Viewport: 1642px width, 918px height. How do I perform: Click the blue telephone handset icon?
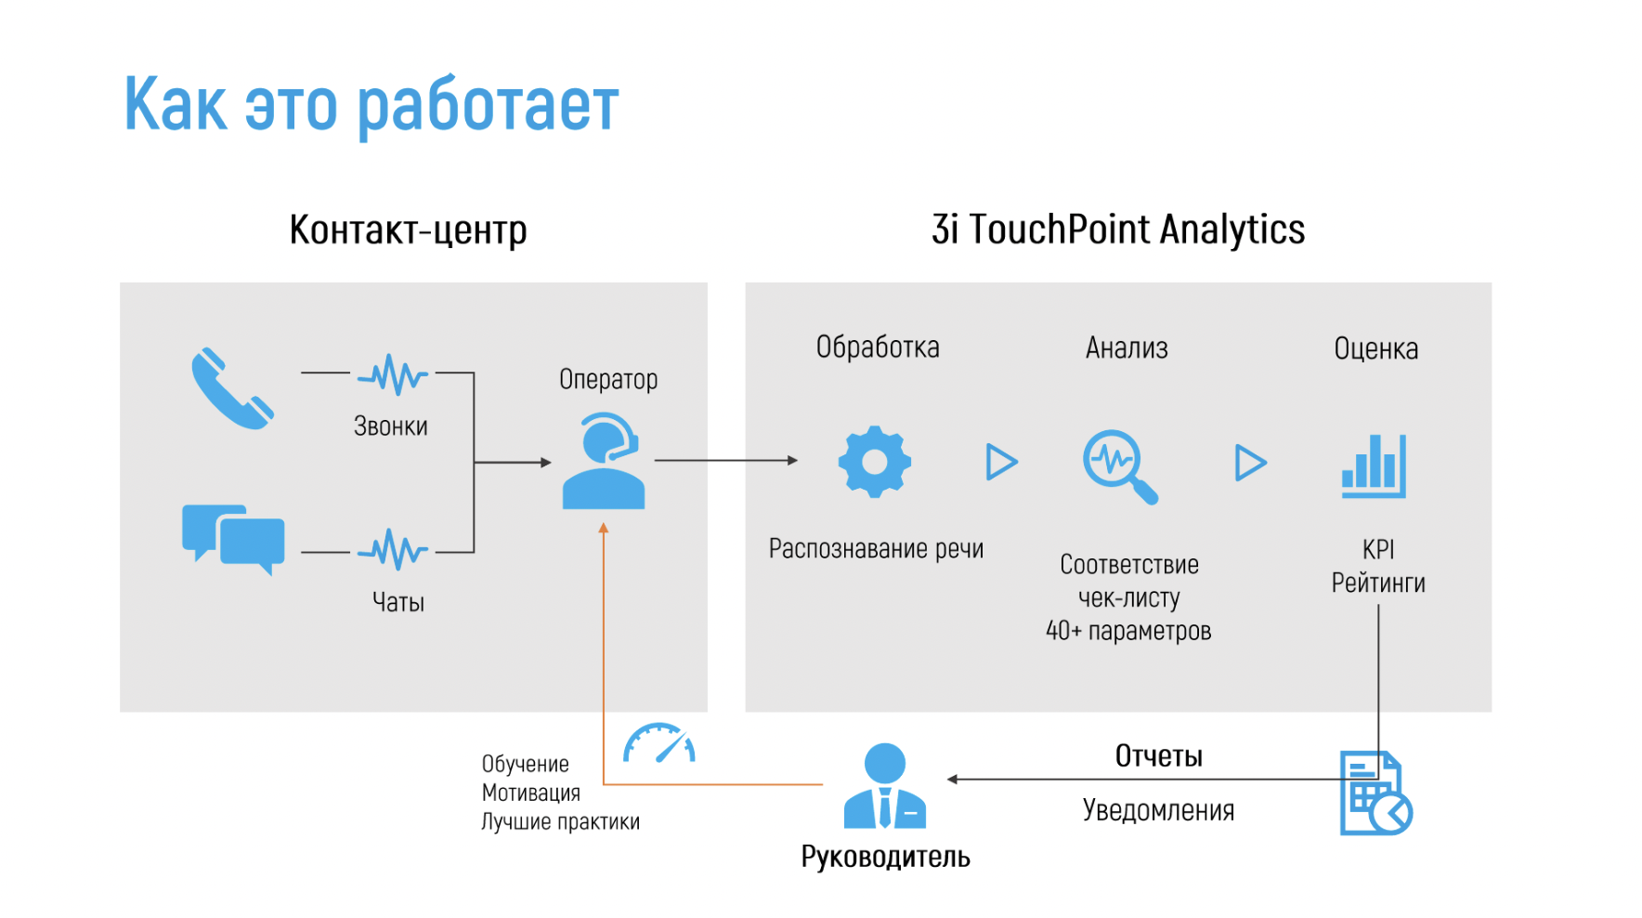pos(232,389)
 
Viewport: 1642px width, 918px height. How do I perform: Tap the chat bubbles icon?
pos(233,540)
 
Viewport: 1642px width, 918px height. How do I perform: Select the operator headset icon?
pos(604,461)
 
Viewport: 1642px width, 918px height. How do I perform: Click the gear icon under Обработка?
pos(874,462)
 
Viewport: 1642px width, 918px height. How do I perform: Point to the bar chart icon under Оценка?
pos(1374,466)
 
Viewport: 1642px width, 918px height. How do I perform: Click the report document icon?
pos(1375,793)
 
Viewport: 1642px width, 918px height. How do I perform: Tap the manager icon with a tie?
pos(885,785)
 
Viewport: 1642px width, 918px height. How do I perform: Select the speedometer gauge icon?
pos(659,743)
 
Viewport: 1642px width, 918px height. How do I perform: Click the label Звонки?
pos(391,426)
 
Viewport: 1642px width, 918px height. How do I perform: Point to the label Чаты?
pos(398,602)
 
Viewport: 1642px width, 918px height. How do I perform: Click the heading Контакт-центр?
pos(409,230)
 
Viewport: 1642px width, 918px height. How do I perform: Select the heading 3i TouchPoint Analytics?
pos(1118,229)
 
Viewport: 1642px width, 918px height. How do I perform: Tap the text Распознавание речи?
pos(876,549)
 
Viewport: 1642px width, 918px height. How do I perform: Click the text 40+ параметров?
pos(1128,631)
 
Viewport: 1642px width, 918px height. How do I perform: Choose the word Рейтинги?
pos(1378,583)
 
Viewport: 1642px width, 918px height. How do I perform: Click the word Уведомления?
pos(1158,810)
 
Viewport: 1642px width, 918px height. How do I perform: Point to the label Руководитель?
pos(885,857)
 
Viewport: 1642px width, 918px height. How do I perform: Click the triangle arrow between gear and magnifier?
pos(1002,462)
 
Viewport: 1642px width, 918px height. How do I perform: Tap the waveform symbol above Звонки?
pos(393,374)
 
